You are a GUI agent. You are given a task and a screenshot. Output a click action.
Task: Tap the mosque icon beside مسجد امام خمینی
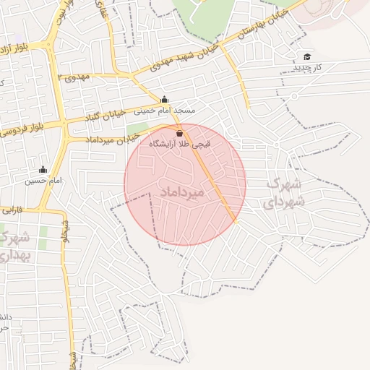click(x=164, y=100)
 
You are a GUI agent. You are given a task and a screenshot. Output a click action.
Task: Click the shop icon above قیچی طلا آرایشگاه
click(x=179, y=133)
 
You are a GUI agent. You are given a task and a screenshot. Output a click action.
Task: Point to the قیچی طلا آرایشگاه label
click(x=180, y=144)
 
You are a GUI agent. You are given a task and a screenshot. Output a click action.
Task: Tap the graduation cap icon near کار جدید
click(x=307, y=56)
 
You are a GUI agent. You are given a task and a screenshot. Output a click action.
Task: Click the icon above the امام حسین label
click(x=42, y=170)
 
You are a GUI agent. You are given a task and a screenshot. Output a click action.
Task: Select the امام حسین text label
click(x=40, y=180)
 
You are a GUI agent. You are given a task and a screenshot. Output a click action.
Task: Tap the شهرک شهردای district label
click(x=285, y=192)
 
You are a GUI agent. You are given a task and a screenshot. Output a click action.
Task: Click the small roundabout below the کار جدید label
click(x=294, y=96)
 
